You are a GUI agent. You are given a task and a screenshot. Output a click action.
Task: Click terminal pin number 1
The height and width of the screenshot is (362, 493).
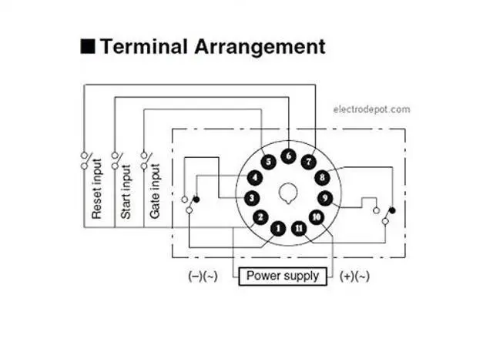tap(278, 228)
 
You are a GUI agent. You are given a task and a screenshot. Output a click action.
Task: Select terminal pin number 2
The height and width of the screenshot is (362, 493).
tap(260, 217)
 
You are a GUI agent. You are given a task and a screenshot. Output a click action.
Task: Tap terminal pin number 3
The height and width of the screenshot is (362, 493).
tap(251, 198)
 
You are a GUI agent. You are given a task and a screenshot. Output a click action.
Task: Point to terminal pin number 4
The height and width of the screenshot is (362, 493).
tap(255, 178)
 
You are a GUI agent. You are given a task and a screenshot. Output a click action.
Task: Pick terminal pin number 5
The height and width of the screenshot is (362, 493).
tap(267, 162)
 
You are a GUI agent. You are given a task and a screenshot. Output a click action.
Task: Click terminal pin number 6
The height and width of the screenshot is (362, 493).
tap(287, 156)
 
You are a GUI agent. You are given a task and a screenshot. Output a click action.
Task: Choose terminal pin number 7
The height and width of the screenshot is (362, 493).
tap(308, 162)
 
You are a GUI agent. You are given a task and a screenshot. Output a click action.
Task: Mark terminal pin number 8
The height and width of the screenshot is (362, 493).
tap(322, 178)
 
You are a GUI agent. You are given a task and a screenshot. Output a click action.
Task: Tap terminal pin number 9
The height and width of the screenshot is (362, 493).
tap(325, 198)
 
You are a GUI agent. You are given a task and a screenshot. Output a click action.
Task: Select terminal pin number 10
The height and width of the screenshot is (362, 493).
tap(316, 217)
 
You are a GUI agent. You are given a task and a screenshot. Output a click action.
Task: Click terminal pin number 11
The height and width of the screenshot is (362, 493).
tap(299, 228)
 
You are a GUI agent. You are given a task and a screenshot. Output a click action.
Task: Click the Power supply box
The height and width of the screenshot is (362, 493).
tap(282, 275)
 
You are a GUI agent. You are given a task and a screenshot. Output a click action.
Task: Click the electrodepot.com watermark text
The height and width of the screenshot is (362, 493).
tap(371, 109)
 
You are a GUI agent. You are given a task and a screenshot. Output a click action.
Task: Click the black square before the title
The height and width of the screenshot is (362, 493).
tap(88, 45)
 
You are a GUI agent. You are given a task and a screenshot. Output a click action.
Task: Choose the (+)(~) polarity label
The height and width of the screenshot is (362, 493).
tap(354, 276)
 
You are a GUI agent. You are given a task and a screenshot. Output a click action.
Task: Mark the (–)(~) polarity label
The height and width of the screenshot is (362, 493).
tap(203, 276)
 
